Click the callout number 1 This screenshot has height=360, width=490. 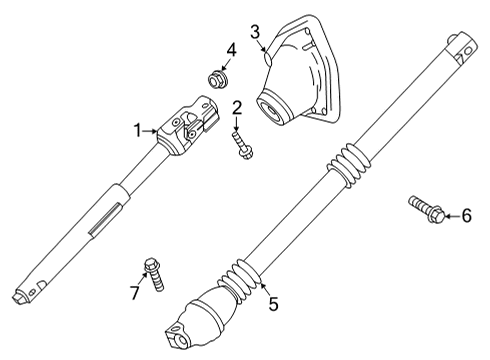[140, 129]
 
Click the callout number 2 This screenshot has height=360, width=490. [238, 108]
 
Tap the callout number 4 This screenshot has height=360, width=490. [231, 48]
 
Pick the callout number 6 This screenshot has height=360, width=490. [465, 215]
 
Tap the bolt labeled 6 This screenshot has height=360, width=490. [425, 209]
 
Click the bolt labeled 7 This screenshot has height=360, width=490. [154, 271]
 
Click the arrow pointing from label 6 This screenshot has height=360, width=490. [449, 215]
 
